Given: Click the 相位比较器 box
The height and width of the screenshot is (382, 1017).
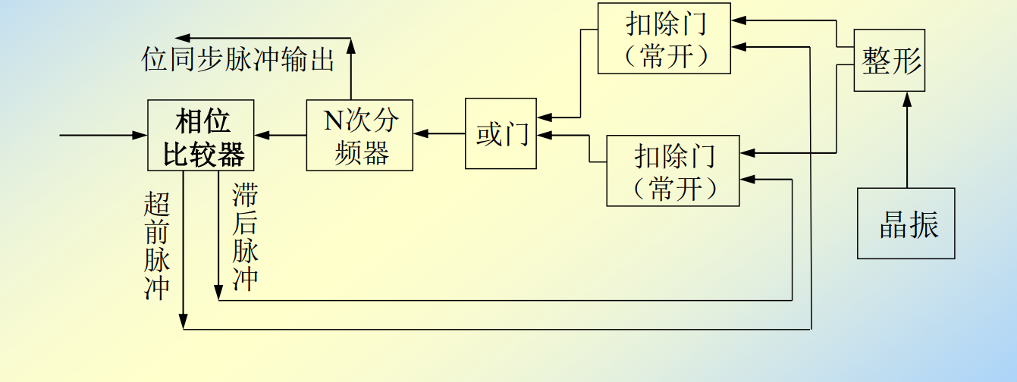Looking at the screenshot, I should click(x=200, y=135).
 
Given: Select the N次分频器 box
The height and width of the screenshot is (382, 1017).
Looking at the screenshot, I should click(x=359, y=135).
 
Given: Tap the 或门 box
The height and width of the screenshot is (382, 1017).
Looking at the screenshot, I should click(x=501, y=134).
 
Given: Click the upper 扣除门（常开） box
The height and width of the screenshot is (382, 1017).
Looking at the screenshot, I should click(x=664, y=38).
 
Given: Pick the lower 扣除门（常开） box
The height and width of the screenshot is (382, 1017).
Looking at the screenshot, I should click(x=673, y=171).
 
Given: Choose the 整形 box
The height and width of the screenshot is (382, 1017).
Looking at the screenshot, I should click(x=889, y=61).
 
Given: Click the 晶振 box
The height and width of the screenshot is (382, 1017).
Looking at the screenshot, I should click(x=906, y=224).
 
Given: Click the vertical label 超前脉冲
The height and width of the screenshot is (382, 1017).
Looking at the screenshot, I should click(x=157, y=246).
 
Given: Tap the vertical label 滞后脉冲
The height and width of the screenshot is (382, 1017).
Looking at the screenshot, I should click(x=246, y=236).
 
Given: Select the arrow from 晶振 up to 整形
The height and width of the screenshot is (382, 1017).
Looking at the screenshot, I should click(x=906, y=140).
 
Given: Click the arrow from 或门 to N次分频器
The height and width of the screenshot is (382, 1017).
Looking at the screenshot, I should click(x=439, y=134).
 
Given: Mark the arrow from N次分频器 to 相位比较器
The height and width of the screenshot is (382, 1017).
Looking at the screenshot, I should click(x=281, y=135).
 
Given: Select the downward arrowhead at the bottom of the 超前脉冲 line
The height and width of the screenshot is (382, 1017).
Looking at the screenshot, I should click(x=184, y=323).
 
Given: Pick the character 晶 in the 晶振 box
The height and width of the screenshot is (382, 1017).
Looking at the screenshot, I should click(x=892, y=224).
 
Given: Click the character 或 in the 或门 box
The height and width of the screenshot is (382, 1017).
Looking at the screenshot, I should click(x=488, y=135).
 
